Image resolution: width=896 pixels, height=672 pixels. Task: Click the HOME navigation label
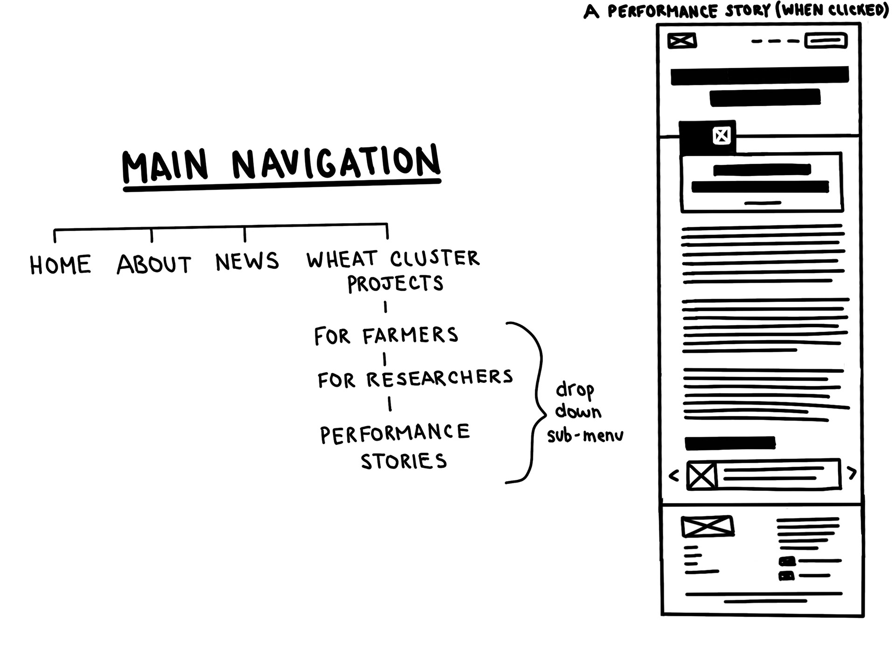click(60, 265)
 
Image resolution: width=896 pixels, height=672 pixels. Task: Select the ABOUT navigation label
click(154, 264)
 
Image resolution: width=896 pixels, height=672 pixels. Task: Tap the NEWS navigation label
click(247, 261)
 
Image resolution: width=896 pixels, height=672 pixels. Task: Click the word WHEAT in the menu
click(342, 259)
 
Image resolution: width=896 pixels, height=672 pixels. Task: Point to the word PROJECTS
click(395, 283)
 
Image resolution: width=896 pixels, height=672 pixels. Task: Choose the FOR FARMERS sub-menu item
click(386, 336)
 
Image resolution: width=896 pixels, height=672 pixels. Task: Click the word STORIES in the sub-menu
click(404, 462)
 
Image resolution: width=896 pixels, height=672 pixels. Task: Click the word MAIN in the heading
click(165, 167)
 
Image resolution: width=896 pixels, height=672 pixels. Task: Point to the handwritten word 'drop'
click(574, 390)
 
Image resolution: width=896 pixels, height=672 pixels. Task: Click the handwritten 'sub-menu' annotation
click(585, 435)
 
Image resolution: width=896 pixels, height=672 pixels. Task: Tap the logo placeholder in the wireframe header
click(682, 41)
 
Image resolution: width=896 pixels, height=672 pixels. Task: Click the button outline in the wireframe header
click(826, 41)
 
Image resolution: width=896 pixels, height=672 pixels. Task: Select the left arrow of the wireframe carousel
click(673, 476)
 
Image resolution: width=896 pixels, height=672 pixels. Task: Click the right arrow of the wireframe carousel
click(852, 473)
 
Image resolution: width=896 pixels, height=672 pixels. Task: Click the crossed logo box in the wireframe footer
click(707, 526)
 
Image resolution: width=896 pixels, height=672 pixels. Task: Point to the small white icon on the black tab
click(721, 136)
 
